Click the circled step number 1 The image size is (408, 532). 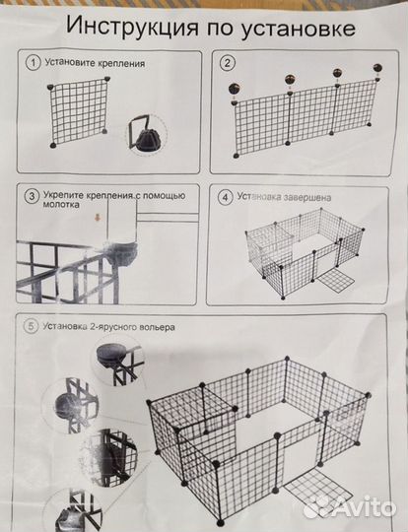pos(34,63)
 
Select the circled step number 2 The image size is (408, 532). pos(228,63)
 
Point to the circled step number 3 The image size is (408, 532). pos(32,196)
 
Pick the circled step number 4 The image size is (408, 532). pos(226,197)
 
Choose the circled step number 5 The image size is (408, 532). pos(31,326)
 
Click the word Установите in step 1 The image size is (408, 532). pos(70,63)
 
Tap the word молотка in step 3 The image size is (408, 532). pos(61,205)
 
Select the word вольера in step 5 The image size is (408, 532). pos(160,327)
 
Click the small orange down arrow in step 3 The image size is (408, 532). pos(98,218)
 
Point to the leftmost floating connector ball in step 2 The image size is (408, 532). pos(235,89)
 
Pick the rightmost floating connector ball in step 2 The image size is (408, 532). pos(377,68)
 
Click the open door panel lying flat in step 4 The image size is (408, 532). pos(335,281)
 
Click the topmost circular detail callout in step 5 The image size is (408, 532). pos(118,360)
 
